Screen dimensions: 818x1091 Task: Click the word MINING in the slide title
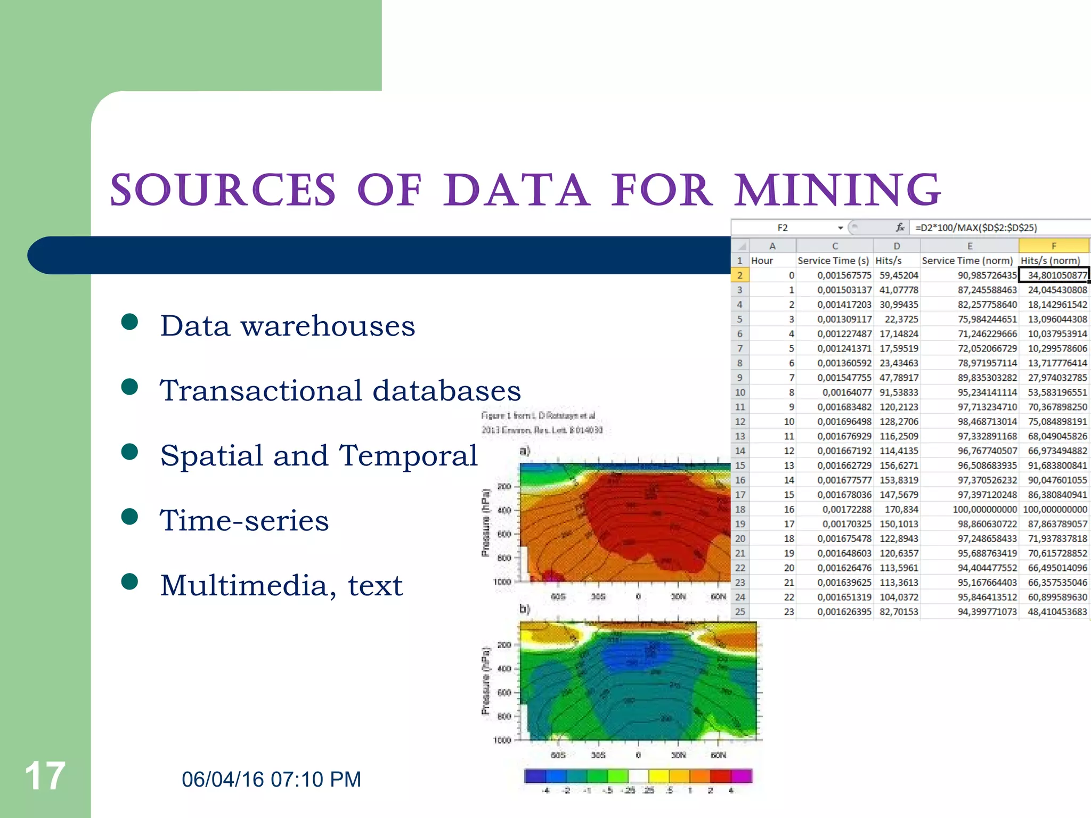point(838,190)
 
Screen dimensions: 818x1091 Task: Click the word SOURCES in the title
point(223,190)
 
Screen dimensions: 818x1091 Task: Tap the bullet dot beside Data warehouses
point(129,322)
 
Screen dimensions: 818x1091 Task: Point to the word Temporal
point(409,455)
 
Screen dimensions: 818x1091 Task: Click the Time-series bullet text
point(245,520)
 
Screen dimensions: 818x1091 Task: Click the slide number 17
point(45,776)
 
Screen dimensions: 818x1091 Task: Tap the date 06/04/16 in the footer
point(223,779)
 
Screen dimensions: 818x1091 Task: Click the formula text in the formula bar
point(976,228)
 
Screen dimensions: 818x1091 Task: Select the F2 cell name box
point(782,228)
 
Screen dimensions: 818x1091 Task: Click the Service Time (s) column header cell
point(833,260)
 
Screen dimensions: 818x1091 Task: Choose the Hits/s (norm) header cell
point(1051,260)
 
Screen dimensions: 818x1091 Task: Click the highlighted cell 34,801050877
point(1054,275)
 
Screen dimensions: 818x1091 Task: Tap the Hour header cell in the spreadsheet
point(762,260)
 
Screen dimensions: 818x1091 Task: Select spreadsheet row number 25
point(740,612)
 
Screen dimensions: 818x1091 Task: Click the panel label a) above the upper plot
point(525,451)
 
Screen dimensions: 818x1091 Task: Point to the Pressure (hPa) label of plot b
point(485,681)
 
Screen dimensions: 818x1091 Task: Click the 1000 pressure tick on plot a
point(502,582)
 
